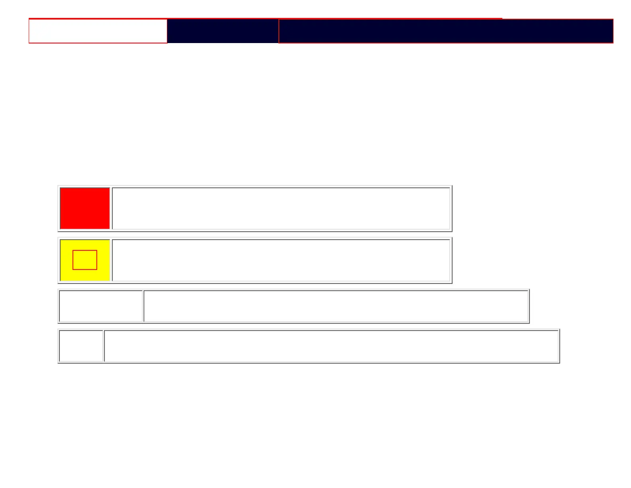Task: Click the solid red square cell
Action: coord(85,208)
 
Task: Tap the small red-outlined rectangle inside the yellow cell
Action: coord(85,260)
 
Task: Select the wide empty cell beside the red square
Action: coord(281,208)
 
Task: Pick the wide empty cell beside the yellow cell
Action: coord(281,260)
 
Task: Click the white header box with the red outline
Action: coord(98,31)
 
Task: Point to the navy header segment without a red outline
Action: coord(223,31)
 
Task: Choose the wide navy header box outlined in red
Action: coord(445,31)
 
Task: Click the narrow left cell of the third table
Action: coord(101,306)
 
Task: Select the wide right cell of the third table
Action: coord(336,306)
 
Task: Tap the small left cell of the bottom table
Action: coord(81,346)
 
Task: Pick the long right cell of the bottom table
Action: coord(331,346)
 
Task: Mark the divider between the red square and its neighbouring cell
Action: coord(111,208)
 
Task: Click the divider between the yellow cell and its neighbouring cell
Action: coord(111,260)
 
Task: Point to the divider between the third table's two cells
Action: coord(143,306)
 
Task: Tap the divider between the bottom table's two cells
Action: coord(104,346)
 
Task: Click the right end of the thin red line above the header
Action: coord(502,18)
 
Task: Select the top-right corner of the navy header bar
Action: coord(613,20)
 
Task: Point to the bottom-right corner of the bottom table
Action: coord(559,362)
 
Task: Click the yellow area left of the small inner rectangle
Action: coord(66,260)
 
